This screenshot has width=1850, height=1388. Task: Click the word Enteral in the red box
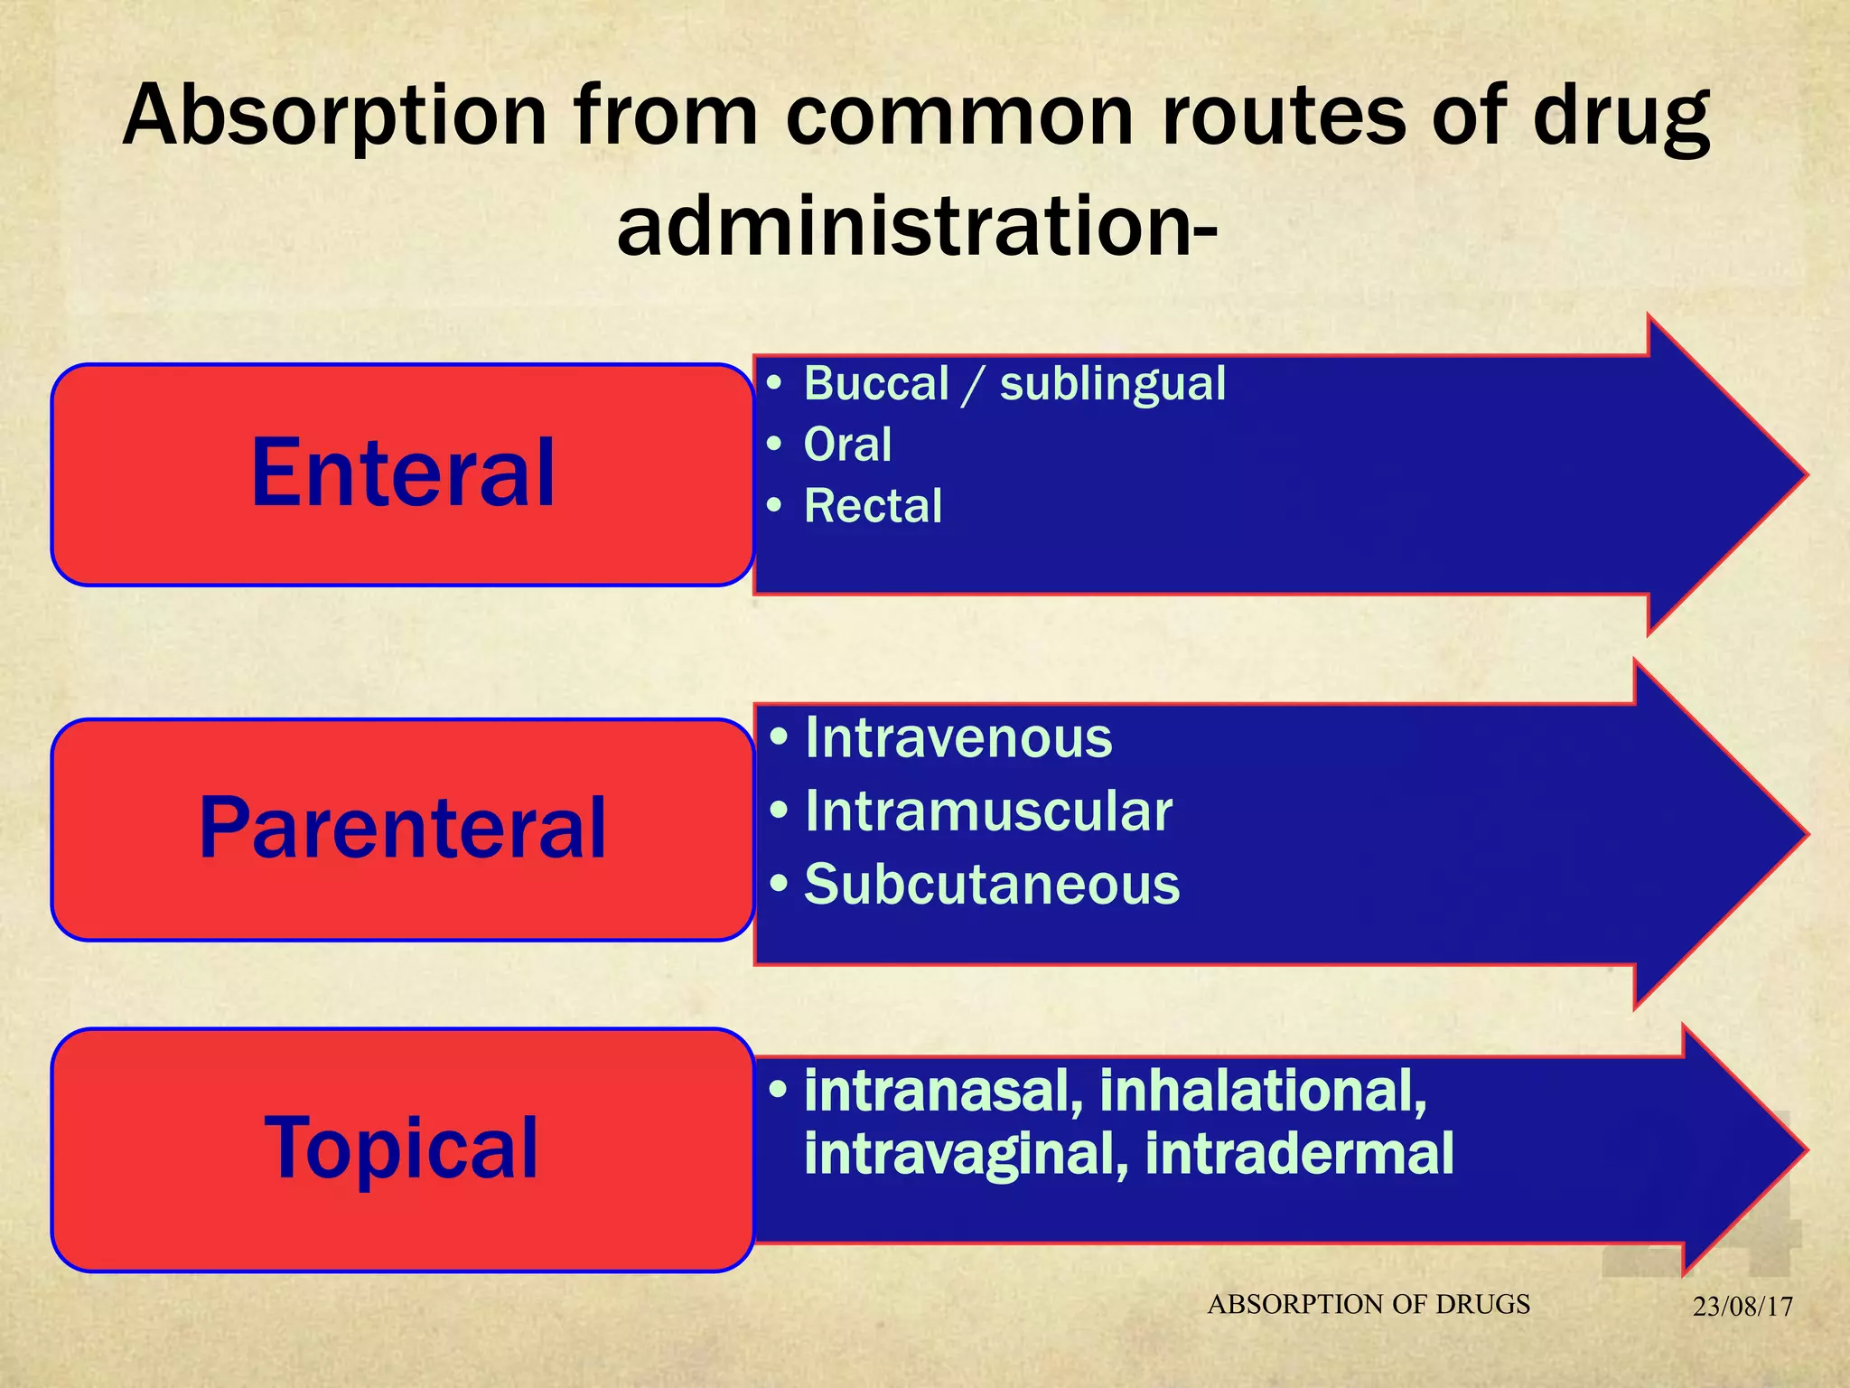[x=403, y=473]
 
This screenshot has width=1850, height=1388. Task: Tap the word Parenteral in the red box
[x=403, y=828]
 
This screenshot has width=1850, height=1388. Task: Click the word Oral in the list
[x=847, y=445]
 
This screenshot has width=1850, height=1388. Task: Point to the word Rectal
[x=873, y=506]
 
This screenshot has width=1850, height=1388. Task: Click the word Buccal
[x=876, y=383]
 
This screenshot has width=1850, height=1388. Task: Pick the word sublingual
[x=1113, y=383]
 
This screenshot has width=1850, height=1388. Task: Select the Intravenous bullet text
[x=958, y=737]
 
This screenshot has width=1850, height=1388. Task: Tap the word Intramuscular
[x=988, y=811]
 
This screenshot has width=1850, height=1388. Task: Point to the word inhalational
[x=1262, y=1091]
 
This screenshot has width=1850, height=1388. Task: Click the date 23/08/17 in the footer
[x=1743, y=1307]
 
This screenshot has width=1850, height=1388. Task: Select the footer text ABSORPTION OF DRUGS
[x=1369, y=1304]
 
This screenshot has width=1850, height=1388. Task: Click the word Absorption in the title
[x=335, y=116]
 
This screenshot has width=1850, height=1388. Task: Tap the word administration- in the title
[x=917, y=226]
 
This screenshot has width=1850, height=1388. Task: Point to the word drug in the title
[x=1621, y=116]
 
